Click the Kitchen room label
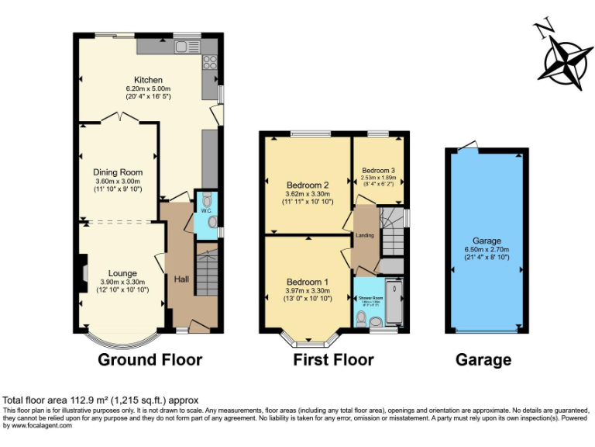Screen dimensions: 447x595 pyautogui.click(x=148, y=80)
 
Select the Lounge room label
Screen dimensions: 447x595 pyautogui.click(x=122, y=273)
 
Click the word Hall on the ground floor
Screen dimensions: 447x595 pyautogui.click(x=181, y=279)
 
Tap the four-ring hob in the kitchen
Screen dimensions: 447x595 pyautogui.click(x=210, y=63)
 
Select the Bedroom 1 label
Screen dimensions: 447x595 pyautogui.click(x=308, y=282)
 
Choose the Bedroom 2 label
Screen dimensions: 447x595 pyautogui.click(x=308, y=185)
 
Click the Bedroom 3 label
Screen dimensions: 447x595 pyautogui.click(x=379, y=170)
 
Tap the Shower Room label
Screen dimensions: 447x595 pyautogui.click(x=370, y=297)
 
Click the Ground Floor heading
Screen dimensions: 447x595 pyautogui.click(x=150, y=359)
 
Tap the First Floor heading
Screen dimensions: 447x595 pyautogui.click(x=333, y=359)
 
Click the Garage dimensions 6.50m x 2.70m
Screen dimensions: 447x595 pyautogui.click(x=487, y=249)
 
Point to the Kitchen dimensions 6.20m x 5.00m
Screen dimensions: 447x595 pyautogui.click(x=148, y=88)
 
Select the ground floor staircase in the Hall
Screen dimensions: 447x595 pyautogui.click(x=207, y=271)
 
